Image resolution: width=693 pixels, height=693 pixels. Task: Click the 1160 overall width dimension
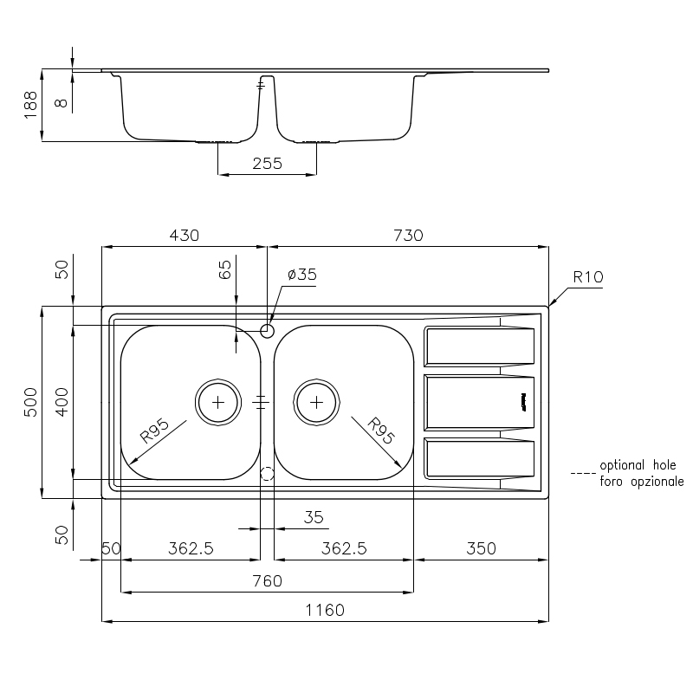[x=325, y=610]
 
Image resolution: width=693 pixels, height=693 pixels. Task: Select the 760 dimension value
[x=268, y=580]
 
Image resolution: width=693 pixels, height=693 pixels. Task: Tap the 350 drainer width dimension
[x=481, y=548]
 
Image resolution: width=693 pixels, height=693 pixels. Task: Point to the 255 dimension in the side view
[x=268, y=164]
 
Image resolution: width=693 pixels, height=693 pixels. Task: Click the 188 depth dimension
[x=30, y=105]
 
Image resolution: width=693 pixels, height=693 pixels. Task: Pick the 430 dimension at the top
[x=185, y=235]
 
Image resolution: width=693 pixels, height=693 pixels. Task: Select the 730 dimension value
[x=408, y=235]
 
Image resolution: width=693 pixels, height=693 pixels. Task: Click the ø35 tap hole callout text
[x=302, y=275]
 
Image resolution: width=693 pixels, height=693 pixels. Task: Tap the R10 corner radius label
[x=588, y=277]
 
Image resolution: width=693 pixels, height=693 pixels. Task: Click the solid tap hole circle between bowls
[x=267, y=331]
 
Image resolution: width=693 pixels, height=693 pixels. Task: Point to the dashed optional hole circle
[x=267, y=474]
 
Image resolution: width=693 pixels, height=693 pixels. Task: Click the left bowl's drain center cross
[x=218, y=402]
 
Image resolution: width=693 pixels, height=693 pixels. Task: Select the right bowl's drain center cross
[x=316, y=402]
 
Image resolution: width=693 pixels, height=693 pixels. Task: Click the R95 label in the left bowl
[x=155, y=431]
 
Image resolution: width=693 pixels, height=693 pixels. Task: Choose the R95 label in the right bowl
[x=380, y=431]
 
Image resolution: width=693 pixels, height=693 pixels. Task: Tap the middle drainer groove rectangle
[x=479, y=402]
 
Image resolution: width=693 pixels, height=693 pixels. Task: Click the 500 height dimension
[x=30, y=402]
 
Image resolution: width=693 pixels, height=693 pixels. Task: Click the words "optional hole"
[x=638, y=465]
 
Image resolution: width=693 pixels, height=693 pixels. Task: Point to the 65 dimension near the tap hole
[x=225, y=269]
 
